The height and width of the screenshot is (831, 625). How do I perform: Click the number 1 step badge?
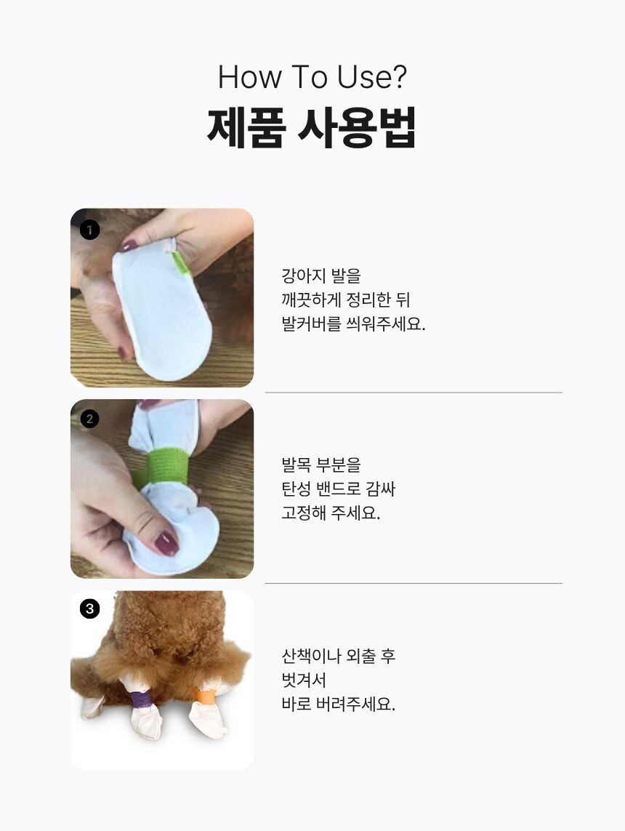[89, 230]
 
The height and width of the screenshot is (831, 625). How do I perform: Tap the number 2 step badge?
[89, 419]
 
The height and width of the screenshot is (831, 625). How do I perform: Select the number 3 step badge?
[89, 609]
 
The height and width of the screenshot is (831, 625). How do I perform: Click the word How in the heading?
[249, 77]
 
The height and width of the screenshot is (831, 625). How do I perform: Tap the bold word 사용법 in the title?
[357, 127]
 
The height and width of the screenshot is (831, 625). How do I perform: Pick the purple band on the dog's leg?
[140, 699]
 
